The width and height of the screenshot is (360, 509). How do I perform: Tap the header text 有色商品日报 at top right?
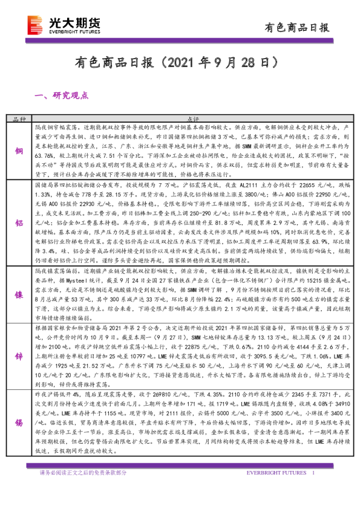[298, 27]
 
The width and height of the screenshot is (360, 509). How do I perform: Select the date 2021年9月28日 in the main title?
[215, 62]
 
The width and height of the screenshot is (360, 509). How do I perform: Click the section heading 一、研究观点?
[62, 96]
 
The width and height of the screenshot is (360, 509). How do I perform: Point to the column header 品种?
[21, 120]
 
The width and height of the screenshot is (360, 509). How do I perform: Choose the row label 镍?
[20, 295]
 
